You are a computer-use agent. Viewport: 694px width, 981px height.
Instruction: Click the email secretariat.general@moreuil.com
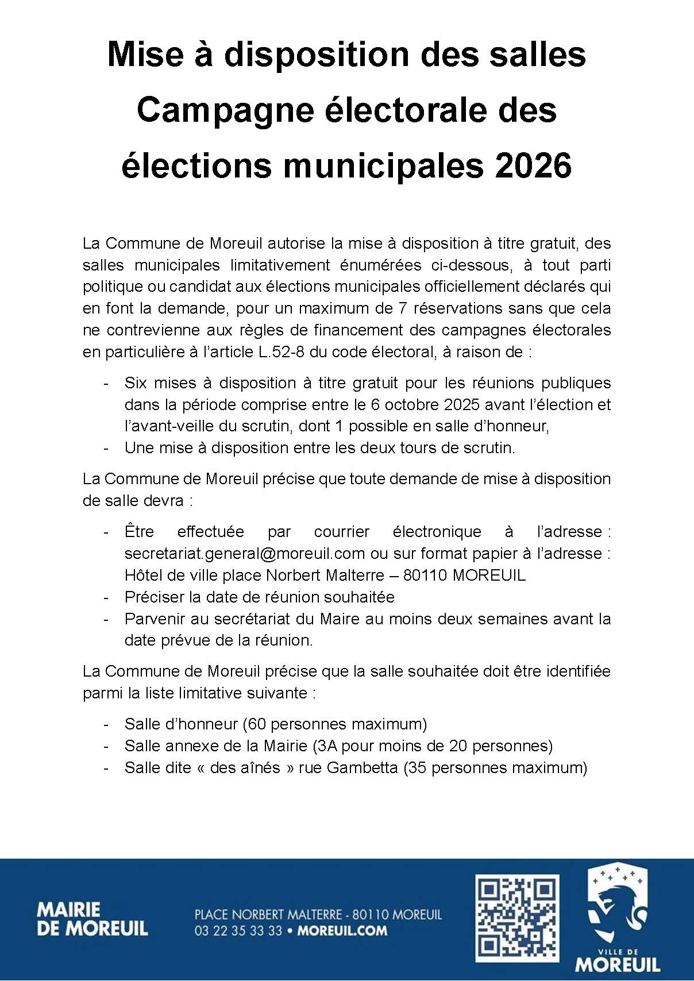click(245, 553)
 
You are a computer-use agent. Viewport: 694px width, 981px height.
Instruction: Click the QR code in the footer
click(517, 918)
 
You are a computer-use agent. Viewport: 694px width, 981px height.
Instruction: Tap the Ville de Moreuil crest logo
click(618, 918)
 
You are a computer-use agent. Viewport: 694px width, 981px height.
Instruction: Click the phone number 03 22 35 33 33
click(238, 930)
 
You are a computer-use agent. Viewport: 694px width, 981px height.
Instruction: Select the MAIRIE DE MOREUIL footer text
click(92, 919)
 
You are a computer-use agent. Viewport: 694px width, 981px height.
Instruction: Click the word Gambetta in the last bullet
click(362, 767)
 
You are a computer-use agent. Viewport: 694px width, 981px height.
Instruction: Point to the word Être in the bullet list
click(139, 531)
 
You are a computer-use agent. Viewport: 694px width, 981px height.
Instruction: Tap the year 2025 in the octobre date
click(462, 404)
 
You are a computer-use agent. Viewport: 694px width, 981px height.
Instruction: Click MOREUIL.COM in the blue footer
click(342, 930)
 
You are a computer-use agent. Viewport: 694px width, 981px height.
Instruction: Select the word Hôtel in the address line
click(142, 575)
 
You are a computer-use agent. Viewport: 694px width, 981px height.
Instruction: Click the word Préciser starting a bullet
click(153, 597)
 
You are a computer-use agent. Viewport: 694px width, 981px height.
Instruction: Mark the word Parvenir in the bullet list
click(154, 619)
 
